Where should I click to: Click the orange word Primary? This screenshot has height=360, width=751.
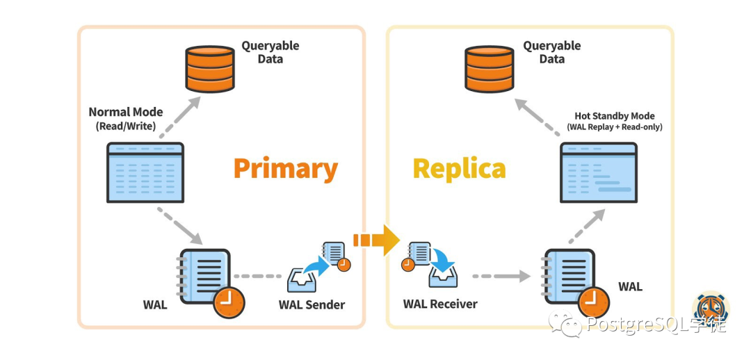(286, 169)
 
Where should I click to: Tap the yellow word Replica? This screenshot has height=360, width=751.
(460, 169)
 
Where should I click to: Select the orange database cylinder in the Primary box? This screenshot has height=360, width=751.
(210, 69)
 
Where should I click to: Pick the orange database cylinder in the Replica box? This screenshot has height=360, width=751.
(490, 69)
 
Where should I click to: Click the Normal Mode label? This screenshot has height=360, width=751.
(126, 119)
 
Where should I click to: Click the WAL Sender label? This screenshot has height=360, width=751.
(312, 304)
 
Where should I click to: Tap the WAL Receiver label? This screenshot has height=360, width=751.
(440, 304)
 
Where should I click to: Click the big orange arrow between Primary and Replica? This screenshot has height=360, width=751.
(376, 239)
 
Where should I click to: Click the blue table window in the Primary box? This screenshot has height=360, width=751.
(145, 172)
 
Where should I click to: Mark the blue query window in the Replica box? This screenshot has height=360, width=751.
(599, 172)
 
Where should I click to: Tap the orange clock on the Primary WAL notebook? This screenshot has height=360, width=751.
(229, 302)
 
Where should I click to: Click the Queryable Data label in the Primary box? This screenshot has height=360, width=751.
(270, 52)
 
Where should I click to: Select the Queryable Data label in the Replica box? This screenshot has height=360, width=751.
(551, 52)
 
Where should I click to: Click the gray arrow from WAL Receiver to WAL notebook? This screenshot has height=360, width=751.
(501, 276)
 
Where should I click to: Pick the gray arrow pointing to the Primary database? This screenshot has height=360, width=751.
(180, 117)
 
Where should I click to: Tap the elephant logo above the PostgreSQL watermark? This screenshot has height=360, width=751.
(710, 305)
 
